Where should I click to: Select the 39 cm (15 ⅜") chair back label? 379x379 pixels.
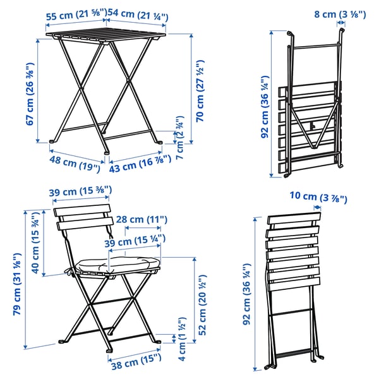coord(81,191)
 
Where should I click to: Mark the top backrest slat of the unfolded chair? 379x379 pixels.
coord(82,211)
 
